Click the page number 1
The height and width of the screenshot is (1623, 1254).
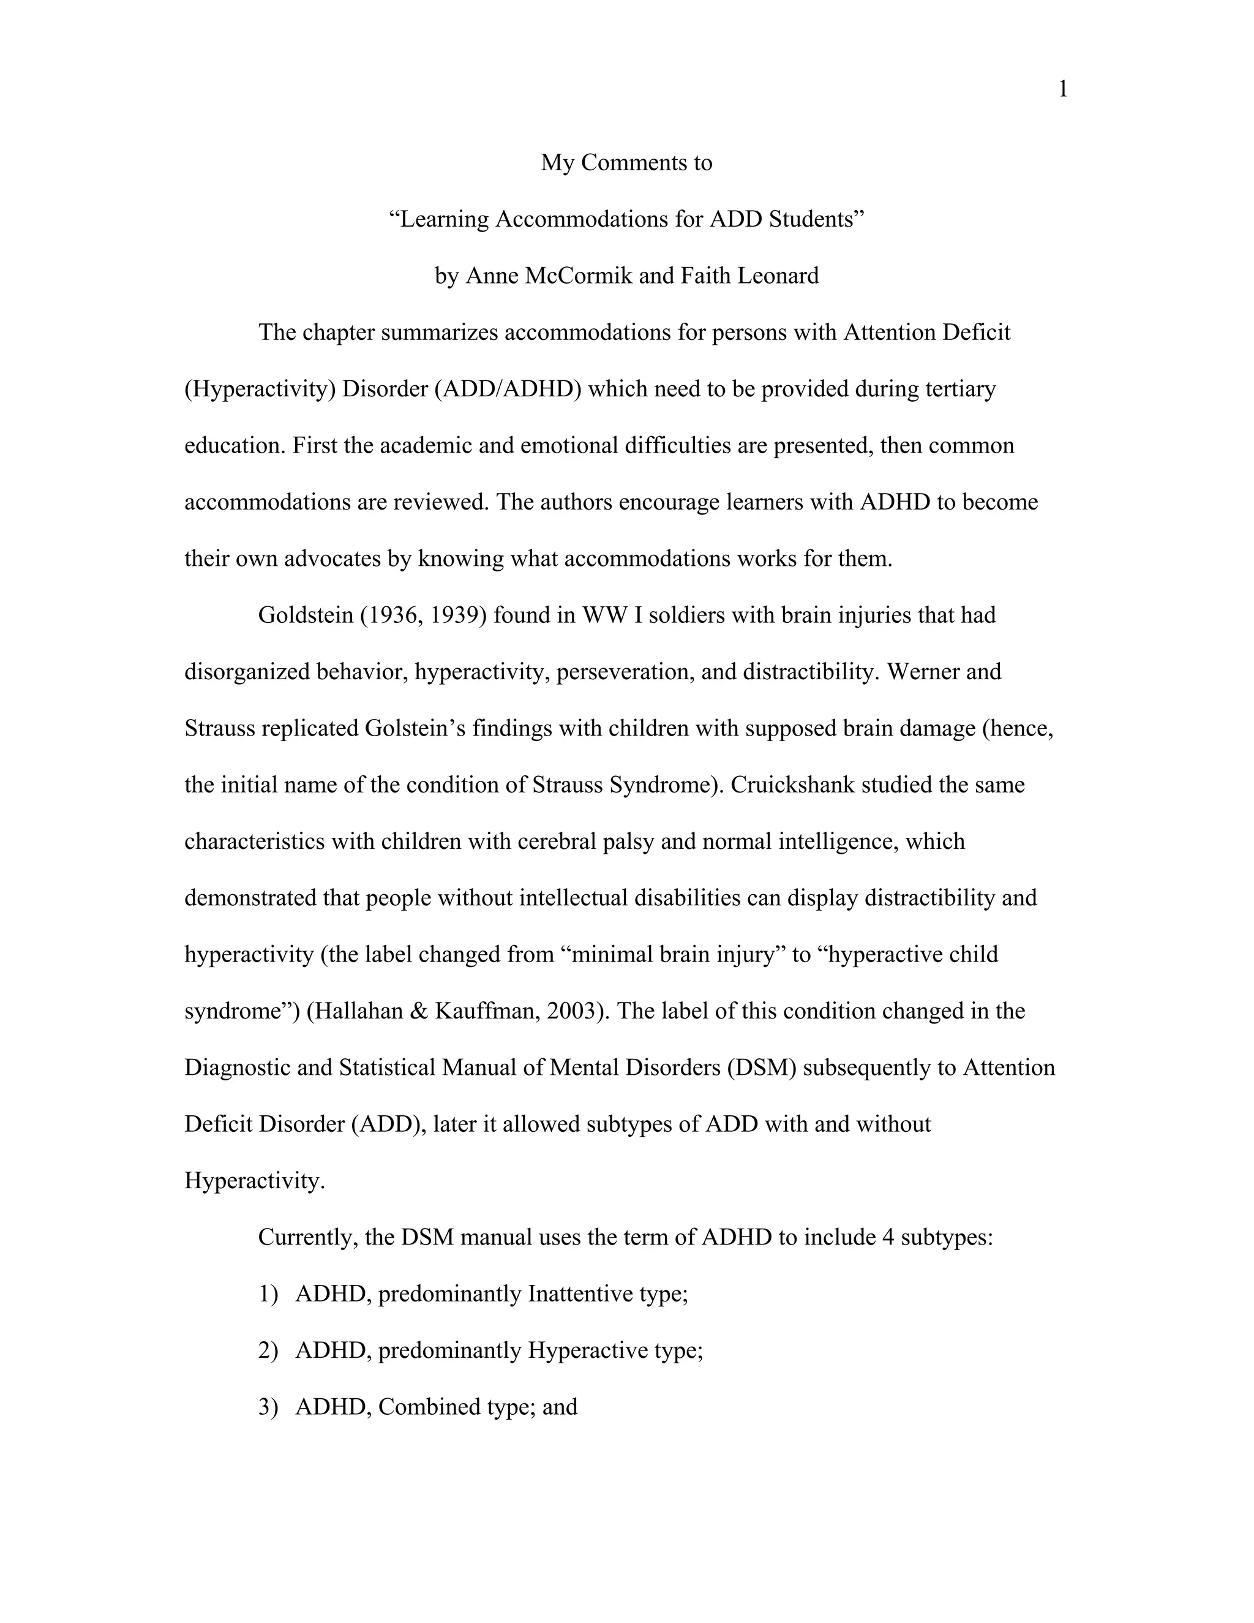point(1062,90)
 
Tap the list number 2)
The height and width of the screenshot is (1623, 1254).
point(268,1350)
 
